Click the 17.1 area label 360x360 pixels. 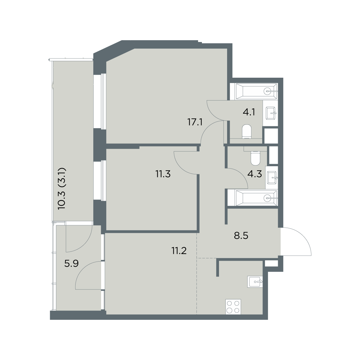pos(195,123)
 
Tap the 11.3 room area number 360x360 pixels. pos(163,174)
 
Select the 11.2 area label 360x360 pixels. pos(179,251)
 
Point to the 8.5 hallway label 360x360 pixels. pos(241,236)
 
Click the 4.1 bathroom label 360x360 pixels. pos(249,112)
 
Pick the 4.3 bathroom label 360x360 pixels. pos(255,174)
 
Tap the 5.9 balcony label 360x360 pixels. pos(71,264)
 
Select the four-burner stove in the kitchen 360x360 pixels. pos(233,307)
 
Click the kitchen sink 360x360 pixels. pos(255,281)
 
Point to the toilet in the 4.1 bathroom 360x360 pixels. pos(247,132)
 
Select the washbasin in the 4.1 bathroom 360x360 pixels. pos(271,113)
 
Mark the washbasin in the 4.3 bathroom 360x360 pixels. pos(272,177)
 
